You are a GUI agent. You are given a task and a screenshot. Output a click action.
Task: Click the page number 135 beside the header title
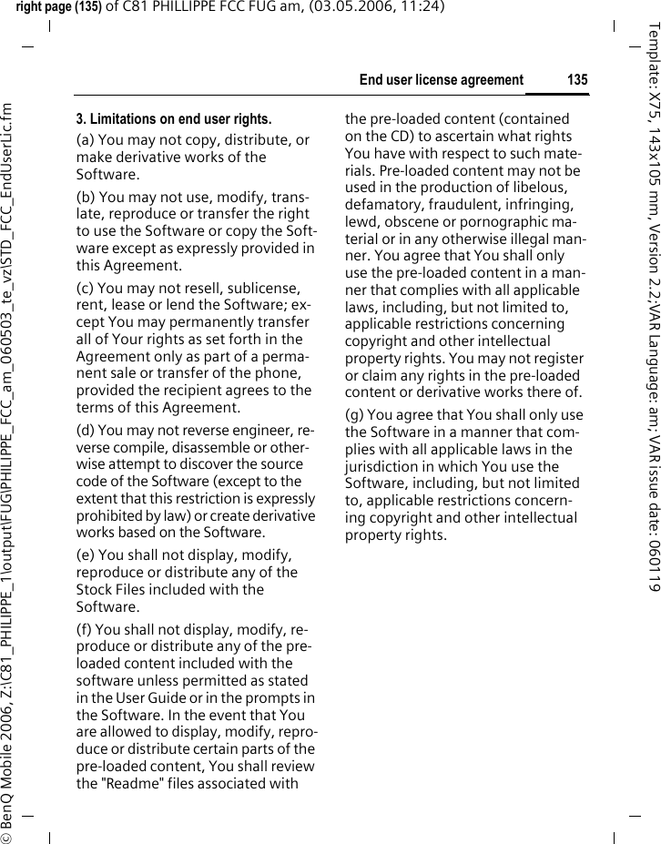point(577,80)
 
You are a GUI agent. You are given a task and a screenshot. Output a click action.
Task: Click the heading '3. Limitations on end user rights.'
point(173,119)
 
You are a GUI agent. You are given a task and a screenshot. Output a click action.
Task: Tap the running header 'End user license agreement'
point(442,80)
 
